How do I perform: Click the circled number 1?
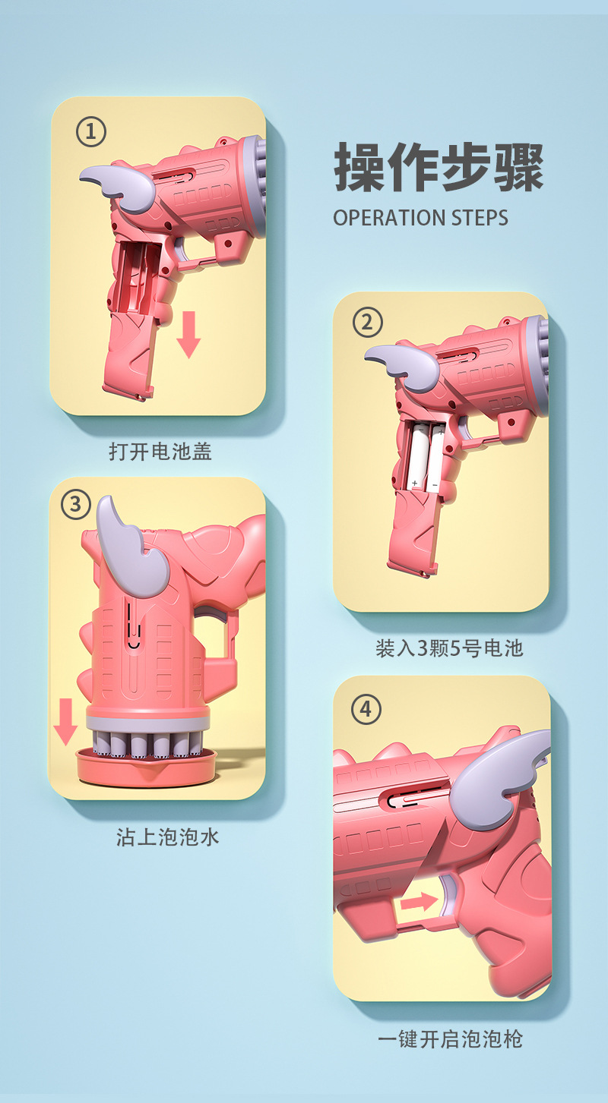(x=90, y=133)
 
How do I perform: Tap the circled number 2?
(x=368, y=323)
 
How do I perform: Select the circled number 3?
(x=76, y=505)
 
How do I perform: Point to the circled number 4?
(x=366, y=710)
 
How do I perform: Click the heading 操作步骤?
(x=439, y=167)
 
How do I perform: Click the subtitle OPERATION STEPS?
(x=420, y=218)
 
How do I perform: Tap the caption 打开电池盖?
(x=160, y=452)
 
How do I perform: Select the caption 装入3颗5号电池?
(x=449, y=648)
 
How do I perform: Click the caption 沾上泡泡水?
(x=167, y=837)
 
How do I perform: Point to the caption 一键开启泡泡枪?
(x=450, y=1038)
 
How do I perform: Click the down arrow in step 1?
(x=188, y=335)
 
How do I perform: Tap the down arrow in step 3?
(x=65, y=722)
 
